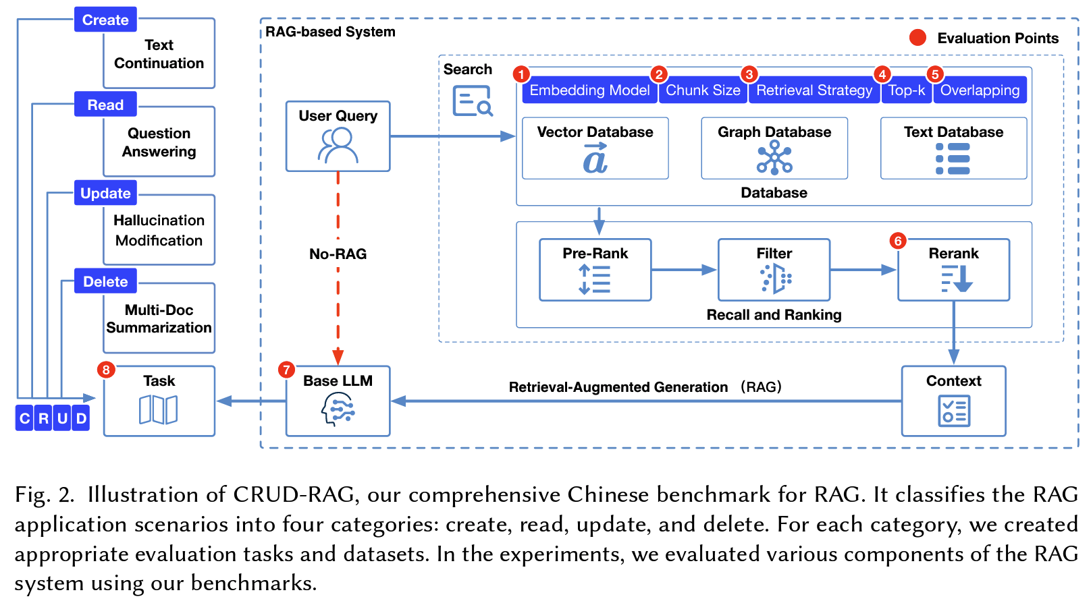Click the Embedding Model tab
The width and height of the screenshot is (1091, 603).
click(x=589, y=90)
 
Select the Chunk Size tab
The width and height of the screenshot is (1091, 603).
click(x=703, y=90)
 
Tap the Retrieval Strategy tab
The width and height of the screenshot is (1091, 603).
click(x=814, y=90)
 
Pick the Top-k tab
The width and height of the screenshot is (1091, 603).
click(x=907, y=90)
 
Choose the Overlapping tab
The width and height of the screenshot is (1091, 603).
click(x=980, y=90)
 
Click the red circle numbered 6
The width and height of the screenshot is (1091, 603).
click(x=898, y=241)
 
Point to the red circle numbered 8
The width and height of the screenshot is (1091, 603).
click(x=106, y=370)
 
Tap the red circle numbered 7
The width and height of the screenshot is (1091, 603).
click(x=286, y=370)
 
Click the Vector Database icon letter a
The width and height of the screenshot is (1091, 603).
click(x=595, y=159)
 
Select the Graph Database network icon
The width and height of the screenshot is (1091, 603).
click(x=774, y=159)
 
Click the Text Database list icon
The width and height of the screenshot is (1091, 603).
click(x=953, y=159)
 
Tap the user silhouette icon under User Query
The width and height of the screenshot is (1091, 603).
click(x=338, y=146)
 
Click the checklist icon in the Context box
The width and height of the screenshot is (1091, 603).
click(x=953, y=411)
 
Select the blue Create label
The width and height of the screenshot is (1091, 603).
click(x=105, y=20)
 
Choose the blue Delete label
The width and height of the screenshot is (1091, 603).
click(x=105, y=281)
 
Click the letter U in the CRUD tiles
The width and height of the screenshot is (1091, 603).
click(x=62, y=418)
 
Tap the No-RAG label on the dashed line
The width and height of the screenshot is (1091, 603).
click(x=338, y=254)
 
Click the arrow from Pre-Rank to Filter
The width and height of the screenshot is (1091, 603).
click(x=684, y=270)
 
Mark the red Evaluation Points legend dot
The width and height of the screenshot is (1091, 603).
click(x=917, y=38)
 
